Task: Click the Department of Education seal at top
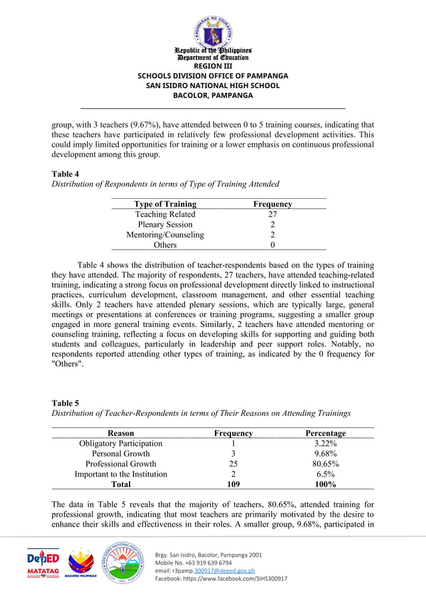(x=212, y=29)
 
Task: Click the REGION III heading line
(x=212, y=65)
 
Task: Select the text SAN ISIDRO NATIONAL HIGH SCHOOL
(x=212, y=85)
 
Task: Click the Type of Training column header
(x=165, y=204)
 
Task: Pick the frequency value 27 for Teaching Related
(x=272, y=214)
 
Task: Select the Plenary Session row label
(x=165, y=224)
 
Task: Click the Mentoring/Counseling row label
(x=165, y=235)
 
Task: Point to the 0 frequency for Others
(x=272, y=245)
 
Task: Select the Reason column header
(x=121, y=433)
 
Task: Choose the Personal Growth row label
(x=121, y=453)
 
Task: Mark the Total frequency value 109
(x=233, y=485)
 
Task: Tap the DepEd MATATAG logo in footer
(x=43, y=564)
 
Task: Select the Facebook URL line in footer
(x=221, y=579)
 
